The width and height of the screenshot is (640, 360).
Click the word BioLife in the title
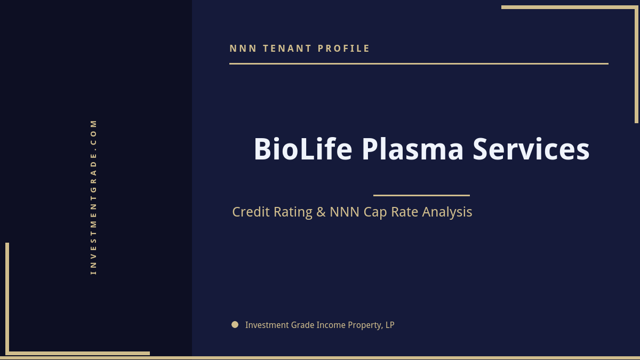[x=302, y=149]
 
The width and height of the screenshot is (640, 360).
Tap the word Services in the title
[x=531, y=149]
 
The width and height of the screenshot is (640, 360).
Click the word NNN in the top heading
[x=243, y=49]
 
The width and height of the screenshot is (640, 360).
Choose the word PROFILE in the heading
[x=344, y=49]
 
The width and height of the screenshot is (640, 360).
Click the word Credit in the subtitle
[x=251, y=212]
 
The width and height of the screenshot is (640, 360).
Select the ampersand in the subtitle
[x=321, y=212]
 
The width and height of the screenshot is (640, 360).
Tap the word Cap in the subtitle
[x=375, y=212]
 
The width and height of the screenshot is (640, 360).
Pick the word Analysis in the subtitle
[x=447, y=212]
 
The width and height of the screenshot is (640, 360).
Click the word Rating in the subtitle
[x=293, y=212]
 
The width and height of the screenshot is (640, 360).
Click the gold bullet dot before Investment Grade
[x=235, y=324]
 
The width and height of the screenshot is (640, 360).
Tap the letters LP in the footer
[x=389, y=325]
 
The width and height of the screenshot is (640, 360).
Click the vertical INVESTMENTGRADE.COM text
[x=93, y=197]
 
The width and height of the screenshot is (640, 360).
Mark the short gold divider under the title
[x=421, y=195]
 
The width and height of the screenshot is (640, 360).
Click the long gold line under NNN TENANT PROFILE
[x=419, y=63]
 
